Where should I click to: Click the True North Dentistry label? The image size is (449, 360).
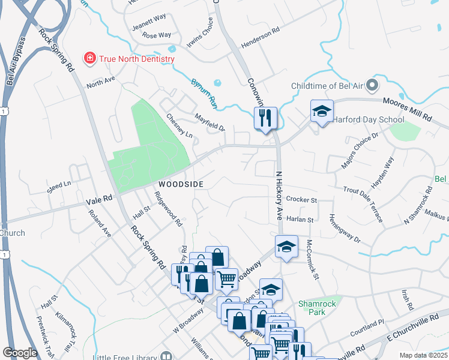point(137,59)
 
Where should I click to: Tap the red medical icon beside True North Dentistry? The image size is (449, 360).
point(90,58)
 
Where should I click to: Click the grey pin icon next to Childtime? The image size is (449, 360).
point(372,85)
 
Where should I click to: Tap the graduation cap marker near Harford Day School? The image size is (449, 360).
point(322,112)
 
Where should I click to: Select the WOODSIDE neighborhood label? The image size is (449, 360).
point(181,184)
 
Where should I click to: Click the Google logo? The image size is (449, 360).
point(20,353)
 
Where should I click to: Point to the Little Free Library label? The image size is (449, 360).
point(125,356)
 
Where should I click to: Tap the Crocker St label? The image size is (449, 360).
point(301,199)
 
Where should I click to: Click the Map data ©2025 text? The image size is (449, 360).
point(423,355)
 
